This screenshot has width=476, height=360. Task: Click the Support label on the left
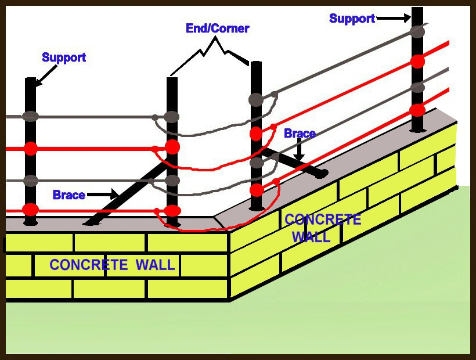point(64,57)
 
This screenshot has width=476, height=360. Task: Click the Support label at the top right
point(352,19)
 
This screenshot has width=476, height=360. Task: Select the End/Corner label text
point(217,28)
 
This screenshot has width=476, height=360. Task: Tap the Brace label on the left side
point(68,195)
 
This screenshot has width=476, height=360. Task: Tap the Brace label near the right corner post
point(300,134)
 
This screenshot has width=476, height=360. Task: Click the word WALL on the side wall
point(311,237)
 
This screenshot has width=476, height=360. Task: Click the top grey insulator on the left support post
point(30,116)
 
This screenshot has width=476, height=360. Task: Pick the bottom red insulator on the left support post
point(30,209)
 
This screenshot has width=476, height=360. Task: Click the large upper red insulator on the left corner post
point(172,146)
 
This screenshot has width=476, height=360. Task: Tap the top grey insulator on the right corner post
point(256,99)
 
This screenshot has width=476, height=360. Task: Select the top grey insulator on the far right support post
point(417,32)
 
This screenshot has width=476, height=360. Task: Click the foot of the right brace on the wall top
point(320,173)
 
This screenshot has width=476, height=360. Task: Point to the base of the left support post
point(30,221)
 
